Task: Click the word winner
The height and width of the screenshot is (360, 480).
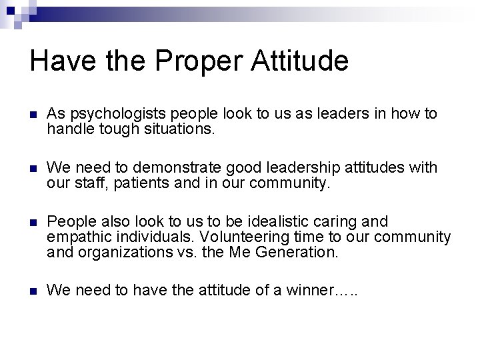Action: point(307,291)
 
